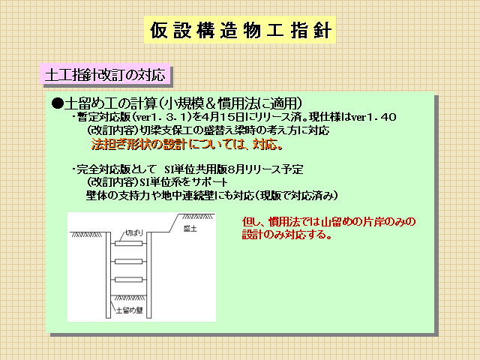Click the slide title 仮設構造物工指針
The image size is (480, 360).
tap(240, 30)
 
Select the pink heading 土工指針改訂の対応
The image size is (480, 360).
tap(105, 75)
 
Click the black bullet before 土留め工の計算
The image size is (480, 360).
tap(57, 103)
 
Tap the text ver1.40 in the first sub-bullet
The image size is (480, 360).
tap(373, 117)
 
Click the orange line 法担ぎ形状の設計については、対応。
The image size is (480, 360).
tap(187, 144)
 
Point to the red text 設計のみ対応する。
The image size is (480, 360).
tap(286, 235)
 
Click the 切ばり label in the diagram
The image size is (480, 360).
tap(134, 233)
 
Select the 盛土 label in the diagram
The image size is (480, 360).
tap(190, 229)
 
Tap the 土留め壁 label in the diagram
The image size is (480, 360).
tap(129, 310)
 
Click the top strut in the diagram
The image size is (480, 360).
tap(128, 243)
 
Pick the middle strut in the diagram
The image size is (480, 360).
tap(128, 262)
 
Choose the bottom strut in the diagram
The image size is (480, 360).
tap(128, 280)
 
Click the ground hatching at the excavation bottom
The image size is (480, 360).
tap(128, 298)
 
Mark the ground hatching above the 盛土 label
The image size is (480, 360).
tap(197, 217)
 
